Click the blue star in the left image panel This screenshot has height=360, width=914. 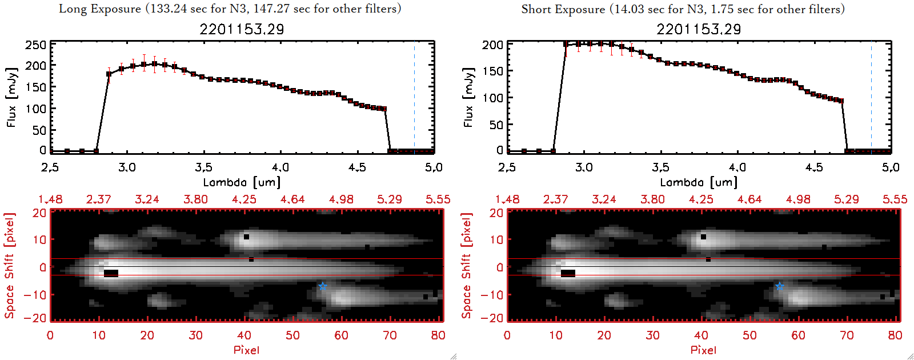click(323, 286)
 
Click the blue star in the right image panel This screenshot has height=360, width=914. click(780, 286)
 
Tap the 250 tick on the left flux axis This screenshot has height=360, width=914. click(35, 45)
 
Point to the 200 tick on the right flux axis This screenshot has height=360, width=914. click(492, 45)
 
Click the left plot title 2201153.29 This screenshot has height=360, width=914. click(242, 29)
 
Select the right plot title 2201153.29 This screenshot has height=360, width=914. click(699, 29)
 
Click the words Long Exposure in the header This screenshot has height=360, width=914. click(99, 9)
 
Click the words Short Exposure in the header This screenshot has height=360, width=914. click(563, 9)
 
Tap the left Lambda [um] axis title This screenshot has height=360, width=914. click(242, 182)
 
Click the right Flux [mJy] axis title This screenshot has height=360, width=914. click(469, 97)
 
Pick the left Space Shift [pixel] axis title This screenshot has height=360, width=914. click(10, 266)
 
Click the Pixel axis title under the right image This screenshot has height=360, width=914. click(703, 350)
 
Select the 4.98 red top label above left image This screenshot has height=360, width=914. click(341, 199)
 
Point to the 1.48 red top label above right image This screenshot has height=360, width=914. click(507, 199)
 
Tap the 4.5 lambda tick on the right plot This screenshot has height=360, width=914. click(814, 167)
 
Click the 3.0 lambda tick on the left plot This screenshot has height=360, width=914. click(127, 167)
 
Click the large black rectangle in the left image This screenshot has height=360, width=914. click(111, 273)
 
